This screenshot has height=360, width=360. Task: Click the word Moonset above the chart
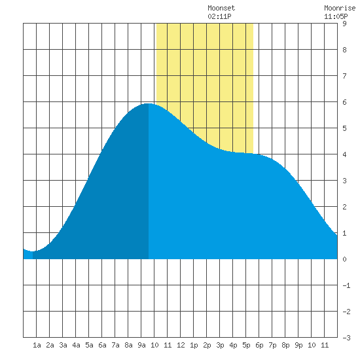click(221, 8)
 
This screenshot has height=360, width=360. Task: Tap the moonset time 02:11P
click(219, 16)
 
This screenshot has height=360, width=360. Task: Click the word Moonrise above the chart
click(340, 8)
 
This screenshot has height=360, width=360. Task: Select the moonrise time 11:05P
click(336, 16)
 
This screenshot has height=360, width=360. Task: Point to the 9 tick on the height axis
click(344, 24)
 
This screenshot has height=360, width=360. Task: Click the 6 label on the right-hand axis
click(344, 102)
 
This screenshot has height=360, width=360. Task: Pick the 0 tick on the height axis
click(344, 259)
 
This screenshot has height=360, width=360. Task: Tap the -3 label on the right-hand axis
click(346, 338)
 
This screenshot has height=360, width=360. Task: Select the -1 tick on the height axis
click(346, 285)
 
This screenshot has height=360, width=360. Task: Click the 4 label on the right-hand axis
click(344, 154)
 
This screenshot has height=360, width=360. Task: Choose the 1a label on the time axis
click(37, 345)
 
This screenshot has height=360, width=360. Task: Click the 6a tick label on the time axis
click(102, 345)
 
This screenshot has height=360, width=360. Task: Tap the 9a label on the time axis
click(141, 345)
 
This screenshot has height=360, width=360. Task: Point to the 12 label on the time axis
click(181, 345)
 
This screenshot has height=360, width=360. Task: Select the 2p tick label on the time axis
click(207, 345)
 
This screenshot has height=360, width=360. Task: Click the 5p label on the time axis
click(246, 345)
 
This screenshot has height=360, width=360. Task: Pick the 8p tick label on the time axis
click(285, 345)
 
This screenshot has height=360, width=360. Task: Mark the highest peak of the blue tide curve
click(149, 104)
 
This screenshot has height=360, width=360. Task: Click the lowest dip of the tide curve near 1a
click(33, 251)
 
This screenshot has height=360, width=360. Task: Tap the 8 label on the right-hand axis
click(344, 50)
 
